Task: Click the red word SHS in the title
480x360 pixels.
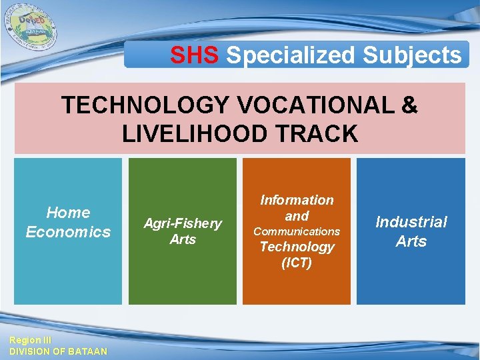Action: pos(194,55)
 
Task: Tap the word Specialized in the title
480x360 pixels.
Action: pos(291,55)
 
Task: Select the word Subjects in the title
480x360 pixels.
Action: pos(412,55)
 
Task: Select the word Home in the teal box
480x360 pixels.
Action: pos(68,213)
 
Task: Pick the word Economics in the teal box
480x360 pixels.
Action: pos(68,232)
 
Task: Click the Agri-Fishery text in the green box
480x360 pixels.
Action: pos(183,223)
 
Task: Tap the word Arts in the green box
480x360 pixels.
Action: pos(183,239)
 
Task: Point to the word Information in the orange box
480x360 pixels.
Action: pos(297,200)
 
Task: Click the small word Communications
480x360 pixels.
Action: pos(297,231)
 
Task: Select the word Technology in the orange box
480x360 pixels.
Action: pos(297,247)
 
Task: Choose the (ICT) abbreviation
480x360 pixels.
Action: pos(297,263)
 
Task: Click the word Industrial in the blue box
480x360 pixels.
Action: pos(411,222)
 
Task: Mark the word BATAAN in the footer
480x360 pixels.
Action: pos(87,351)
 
